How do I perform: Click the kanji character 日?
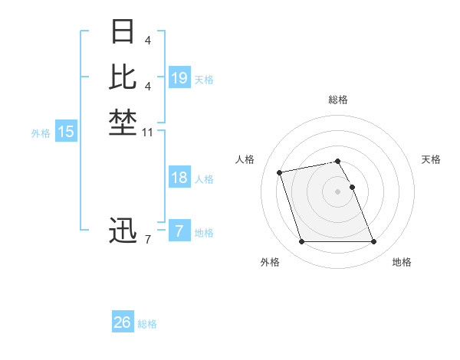click(123, 32)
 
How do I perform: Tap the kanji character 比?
click(123, 77)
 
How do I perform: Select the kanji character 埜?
click(123, 122)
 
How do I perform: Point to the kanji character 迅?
click(123, 231)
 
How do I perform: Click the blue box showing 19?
click(179, 77)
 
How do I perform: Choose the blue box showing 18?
click(179, 178)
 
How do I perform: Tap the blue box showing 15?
click(66, 132)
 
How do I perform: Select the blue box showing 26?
click(123, 322)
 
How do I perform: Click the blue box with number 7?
click(179, 231)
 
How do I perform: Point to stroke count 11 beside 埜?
click(148, 133)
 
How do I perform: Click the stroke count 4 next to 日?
click(148, 40)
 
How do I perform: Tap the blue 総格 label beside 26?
click(148, 324)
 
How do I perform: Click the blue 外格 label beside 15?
click(41, 133)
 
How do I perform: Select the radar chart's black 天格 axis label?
click(431, 159)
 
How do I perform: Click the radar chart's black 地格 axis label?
click(402, 262)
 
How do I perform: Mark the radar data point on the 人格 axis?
click(280, 172)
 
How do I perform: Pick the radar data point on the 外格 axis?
click(301, 242)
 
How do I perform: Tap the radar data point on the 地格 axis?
click(373, 242)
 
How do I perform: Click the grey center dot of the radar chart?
click(337, 191)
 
